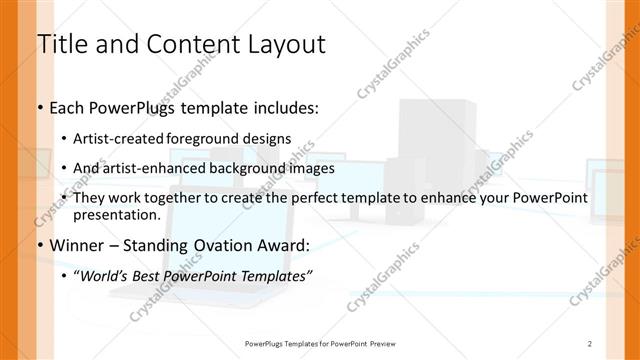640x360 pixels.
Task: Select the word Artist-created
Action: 125,138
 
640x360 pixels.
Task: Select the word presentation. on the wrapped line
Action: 117,214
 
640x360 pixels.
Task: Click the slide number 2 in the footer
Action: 591,343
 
